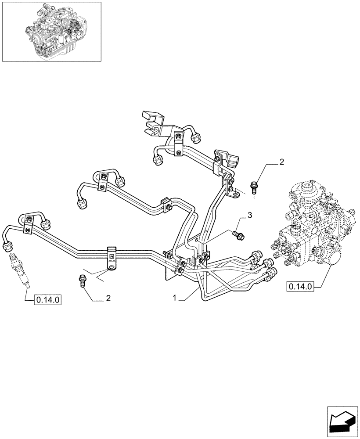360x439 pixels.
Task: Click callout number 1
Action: (175, 298)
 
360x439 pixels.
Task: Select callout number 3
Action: (249, 215)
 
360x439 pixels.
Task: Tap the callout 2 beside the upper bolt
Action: (281, 162)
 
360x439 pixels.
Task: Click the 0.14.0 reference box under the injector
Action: (47, 300)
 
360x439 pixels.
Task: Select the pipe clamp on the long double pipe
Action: (112, 257)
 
